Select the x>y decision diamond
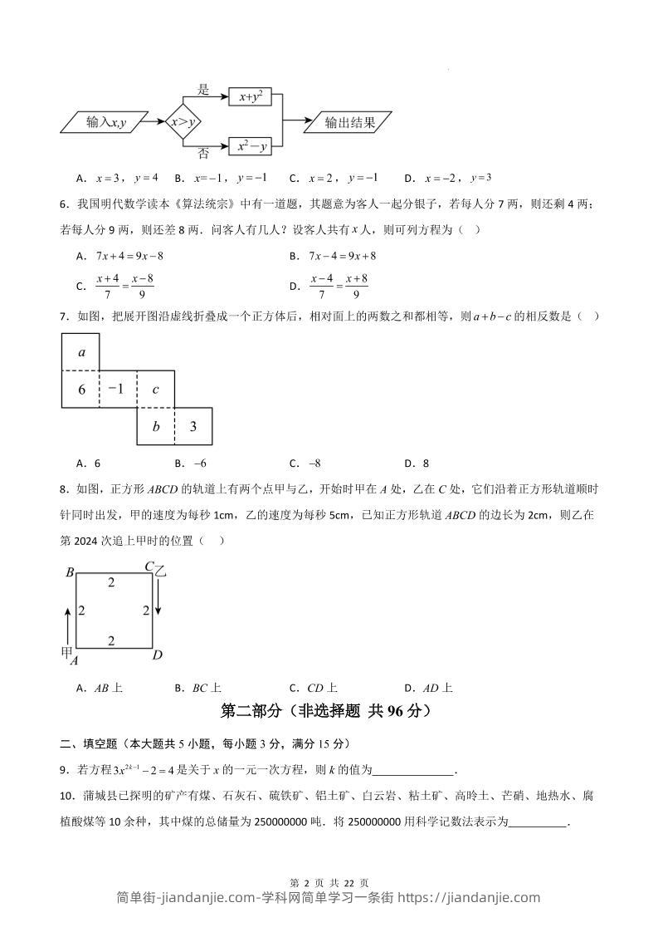pyautogui.click(x=183, y=123)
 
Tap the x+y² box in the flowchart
pyautogui.click(x=251, y=97)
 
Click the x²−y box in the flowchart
pyautogui.click(x=251, y=147)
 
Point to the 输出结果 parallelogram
pyautogui.click(x=348, y=123)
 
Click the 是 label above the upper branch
pyautogui.click(x=203, y=89)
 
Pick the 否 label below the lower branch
pyautogui.click(x=203, y=154)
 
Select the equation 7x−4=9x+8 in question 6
pyautogui.click(x=344, y=257)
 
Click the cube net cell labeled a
pyautogui.click(x=81, y=352)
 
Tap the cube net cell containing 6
pyautogui.click(x=81, y=389)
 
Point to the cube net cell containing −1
pyautogui.click(x=118, y=389)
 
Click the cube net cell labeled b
pyautogui.click(x=156, y=427)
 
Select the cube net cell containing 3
pyautogui.click(x=193, y=427)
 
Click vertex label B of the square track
pyautogui.click(x=71, y=572)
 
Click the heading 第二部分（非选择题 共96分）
pyautogui.click(x=329, y=711)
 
